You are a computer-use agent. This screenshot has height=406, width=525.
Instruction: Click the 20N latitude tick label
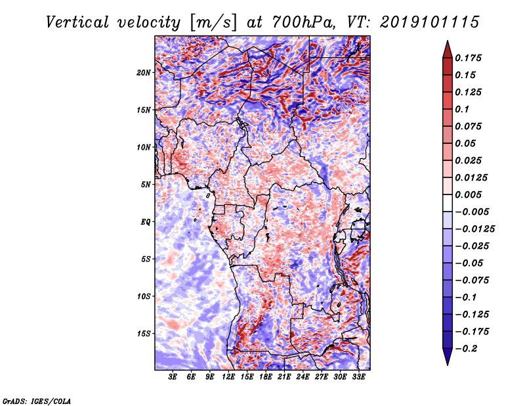click(144, 73)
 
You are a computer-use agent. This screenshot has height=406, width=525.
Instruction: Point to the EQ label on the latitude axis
click(145, 222)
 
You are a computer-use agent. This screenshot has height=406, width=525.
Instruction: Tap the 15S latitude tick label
click(144, 334)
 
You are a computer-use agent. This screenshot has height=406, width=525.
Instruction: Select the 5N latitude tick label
click(146, 185)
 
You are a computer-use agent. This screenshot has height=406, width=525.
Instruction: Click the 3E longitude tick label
click(173, 377)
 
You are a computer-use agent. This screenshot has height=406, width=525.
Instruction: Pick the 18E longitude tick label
click(266, 377)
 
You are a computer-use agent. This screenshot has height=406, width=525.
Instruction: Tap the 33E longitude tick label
click(358, 377)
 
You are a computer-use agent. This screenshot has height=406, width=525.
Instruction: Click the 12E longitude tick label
click(228, 377)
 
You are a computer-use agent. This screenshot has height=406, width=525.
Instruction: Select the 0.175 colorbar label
click(468, 58)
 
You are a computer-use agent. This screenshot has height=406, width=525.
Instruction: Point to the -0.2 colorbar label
click(466, 349)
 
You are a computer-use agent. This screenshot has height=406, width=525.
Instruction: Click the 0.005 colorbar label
click(468, 194)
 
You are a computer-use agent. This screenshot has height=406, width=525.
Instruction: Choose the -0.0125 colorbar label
click(474, 229)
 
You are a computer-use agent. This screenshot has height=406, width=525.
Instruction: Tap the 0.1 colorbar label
click(462, 109)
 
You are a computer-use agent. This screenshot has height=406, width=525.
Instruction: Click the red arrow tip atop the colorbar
click(448, 41)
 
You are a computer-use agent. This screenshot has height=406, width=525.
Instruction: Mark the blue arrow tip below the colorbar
click(448, 365)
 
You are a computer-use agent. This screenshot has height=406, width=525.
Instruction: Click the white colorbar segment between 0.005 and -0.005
click(448, 203)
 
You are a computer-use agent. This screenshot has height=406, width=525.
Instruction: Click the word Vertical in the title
click(77, 22)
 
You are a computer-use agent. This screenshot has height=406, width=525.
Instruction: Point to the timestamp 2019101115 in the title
click(430, 22)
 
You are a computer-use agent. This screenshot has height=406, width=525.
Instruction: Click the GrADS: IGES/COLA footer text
click(37, 401)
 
